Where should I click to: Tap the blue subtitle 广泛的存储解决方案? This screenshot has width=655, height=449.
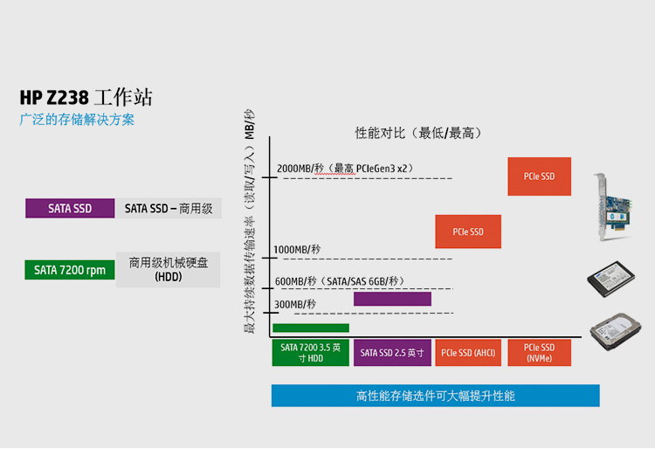click(x=77, y=120)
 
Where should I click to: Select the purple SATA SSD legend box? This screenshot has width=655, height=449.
click(x=70, y=208)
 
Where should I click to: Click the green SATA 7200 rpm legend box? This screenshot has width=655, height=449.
click(x=70, y=270)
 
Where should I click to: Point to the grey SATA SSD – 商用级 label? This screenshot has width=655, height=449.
click(x=169, y=208)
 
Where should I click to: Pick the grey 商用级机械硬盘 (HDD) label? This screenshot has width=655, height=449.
click(x=169, y=269)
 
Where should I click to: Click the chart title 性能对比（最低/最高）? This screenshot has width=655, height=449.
click(x=418, y=133)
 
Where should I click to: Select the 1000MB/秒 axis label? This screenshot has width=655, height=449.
click(x=297, y=250)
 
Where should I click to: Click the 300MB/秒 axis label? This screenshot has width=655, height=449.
click(x=295, y=304)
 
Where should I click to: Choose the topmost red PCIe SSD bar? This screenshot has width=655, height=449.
click(x=539, y=176)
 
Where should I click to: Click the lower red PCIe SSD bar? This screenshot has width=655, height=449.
click(x=468, y=231)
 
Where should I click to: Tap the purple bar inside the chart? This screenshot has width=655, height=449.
click(x=392, y=299)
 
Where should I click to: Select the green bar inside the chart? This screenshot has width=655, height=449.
click(x=311, y=328)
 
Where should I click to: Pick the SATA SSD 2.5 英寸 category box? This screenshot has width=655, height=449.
click(x=392, y=352)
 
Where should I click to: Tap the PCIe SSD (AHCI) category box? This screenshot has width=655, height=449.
click(x=468, y=352)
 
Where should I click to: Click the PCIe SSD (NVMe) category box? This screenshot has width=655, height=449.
click(x=540, y=352)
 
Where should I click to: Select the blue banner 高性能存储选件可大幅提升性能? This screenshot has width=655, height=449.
click(x=435, y=396)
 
